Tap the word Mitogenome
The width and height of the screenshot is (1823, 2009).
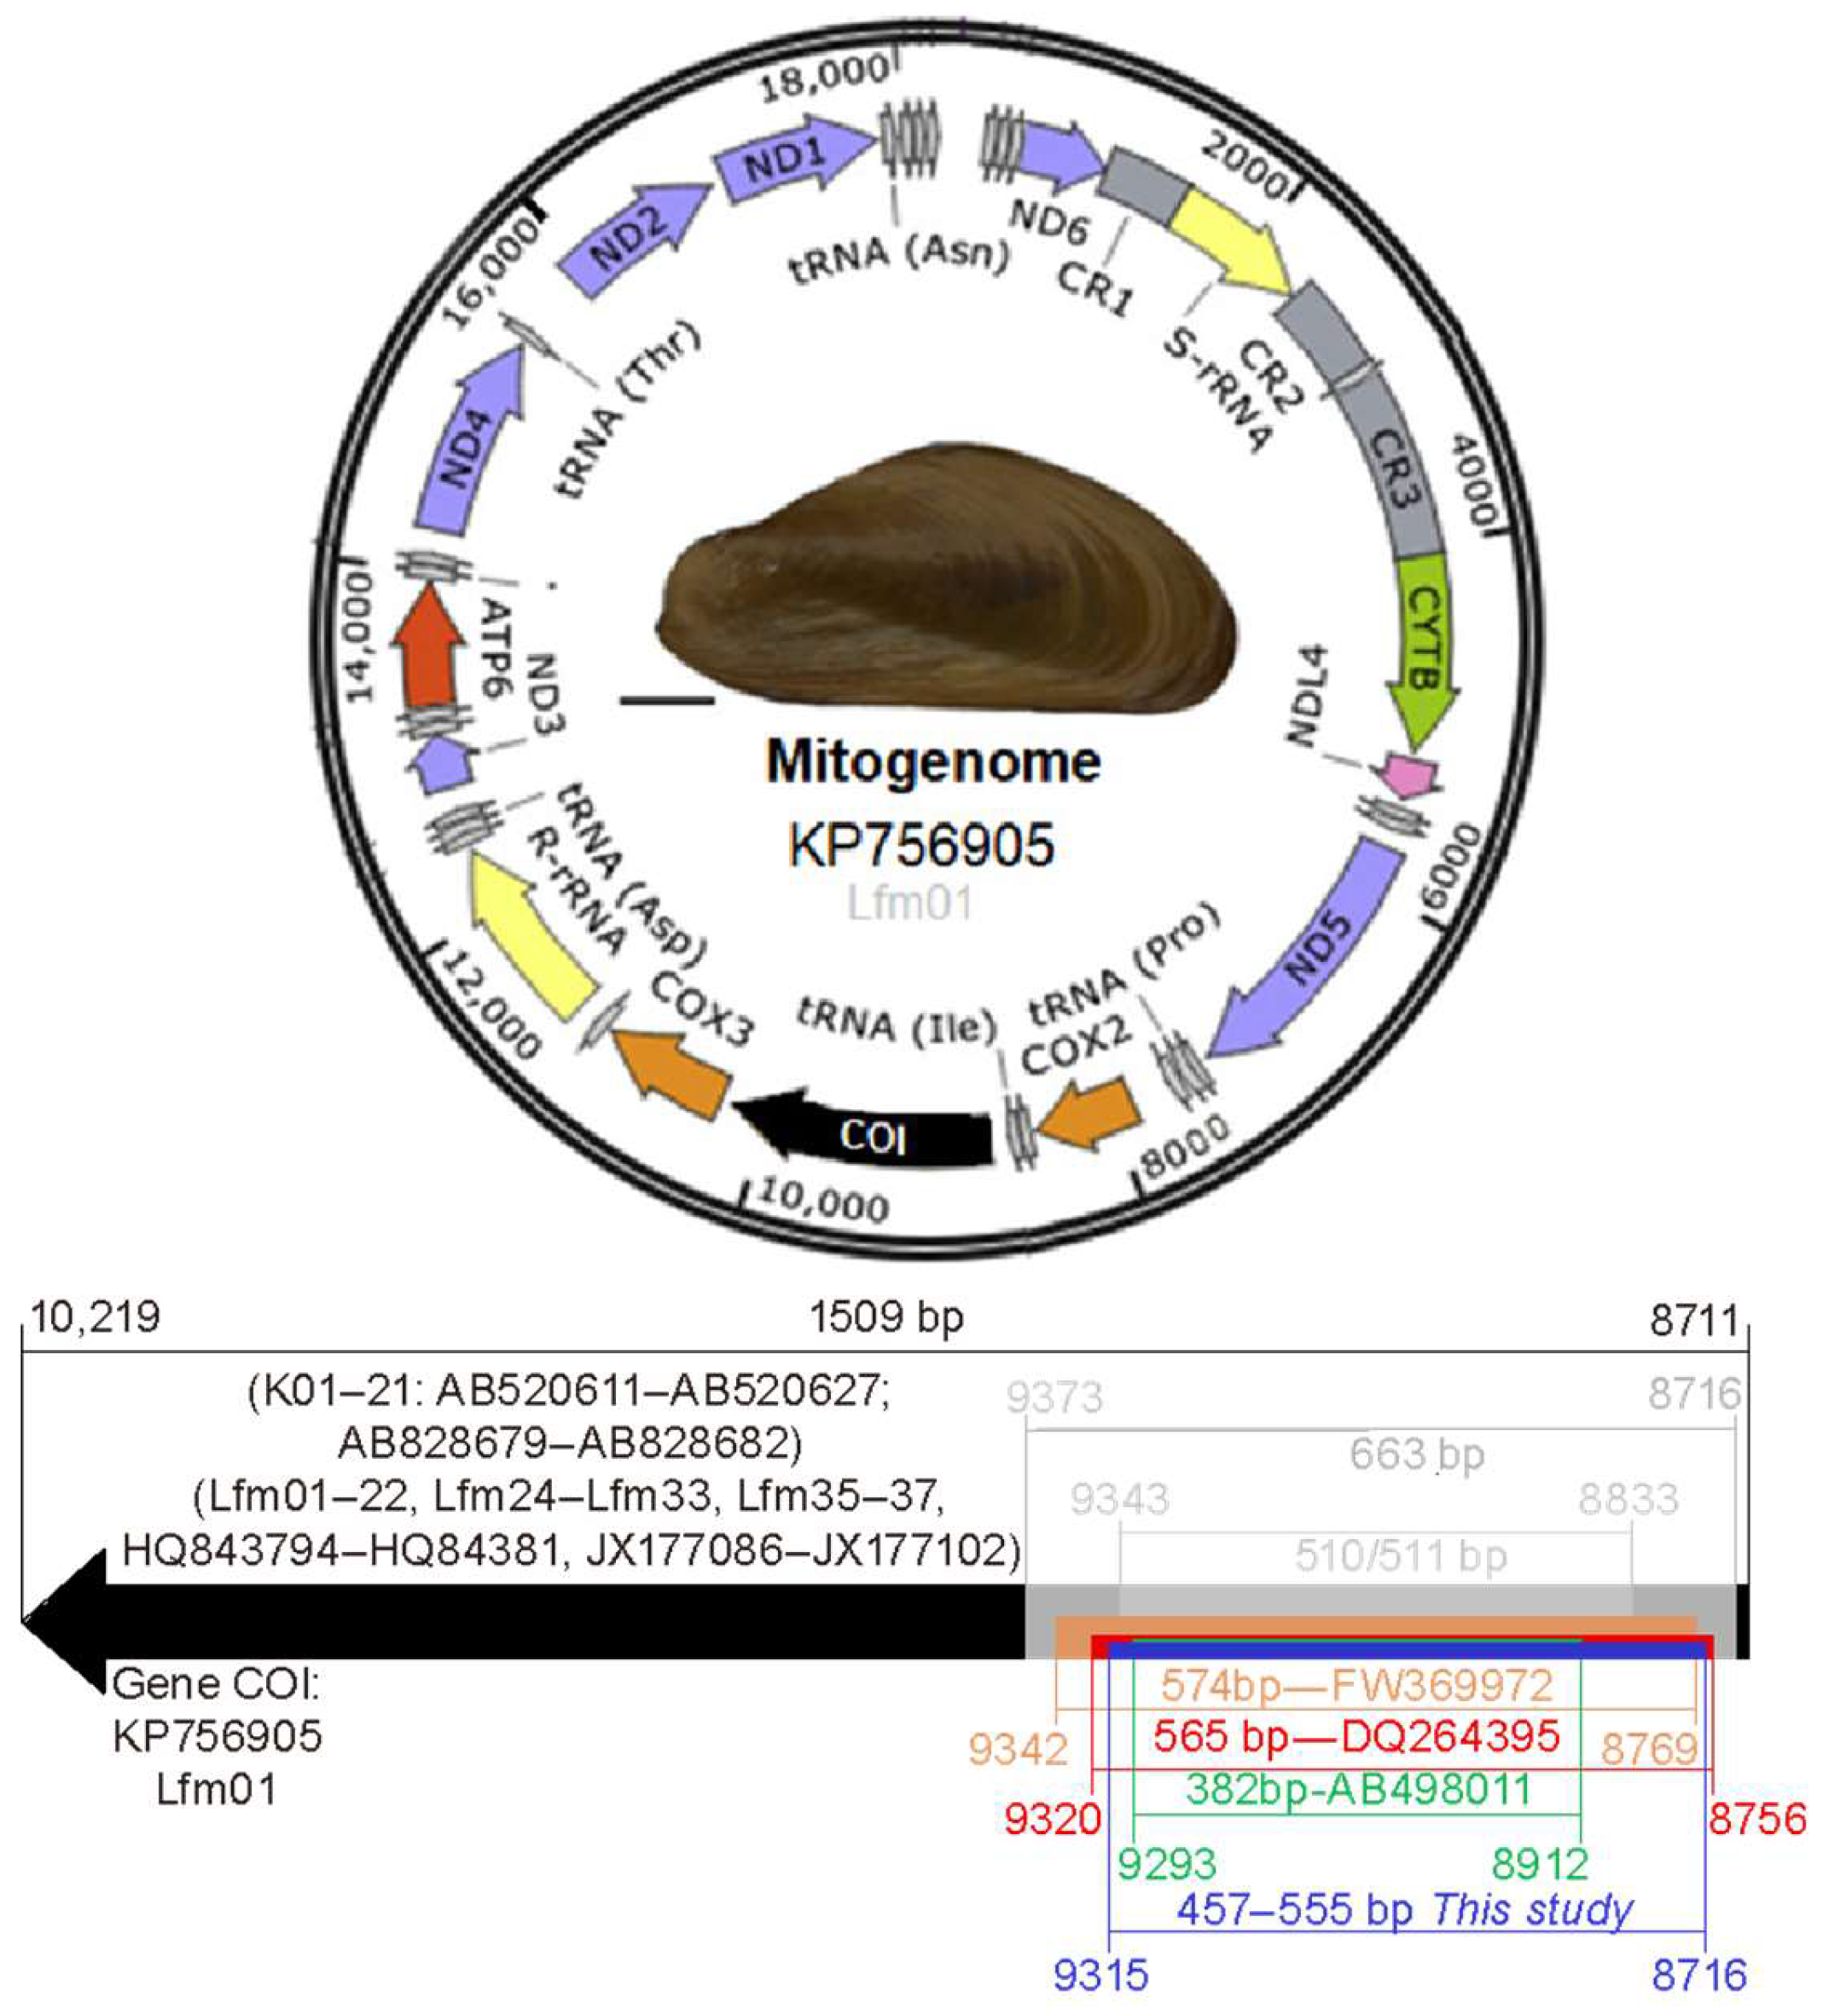pos(933,762)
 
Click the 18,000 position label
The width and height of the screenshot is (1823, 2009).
pos(824,78)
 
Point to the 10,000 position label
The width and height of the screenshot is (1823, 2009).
pos(824,1200)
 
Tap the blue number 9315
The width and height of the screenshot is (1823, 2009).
pos(1101,1974)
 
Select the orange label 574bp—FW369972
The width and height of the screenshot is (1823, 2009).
pos(1356,1685)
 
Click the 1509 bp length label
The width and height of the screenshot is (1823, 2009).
pos(886,1318)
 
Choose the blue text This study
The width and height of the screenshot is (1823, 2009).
pos(1532,1909)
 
